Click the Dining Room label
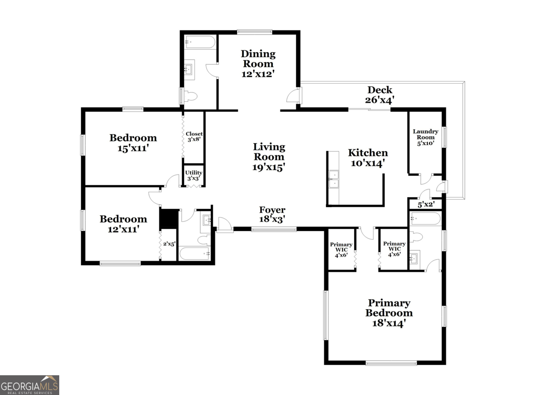(x=258, y=59)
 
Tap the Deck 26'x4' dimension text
(x=379, y=100)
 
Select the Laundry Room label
(x=425, y=134)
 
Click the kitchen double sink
(x=334, y=179)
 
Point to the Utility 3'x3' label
(x=193, y=175)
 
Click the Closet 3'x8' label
(x=194, y=136)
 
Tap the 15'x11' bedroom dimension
(x=133, y=148)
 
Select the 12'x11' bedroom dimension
(x=123, y=229)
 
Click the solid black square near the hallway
(x=169, y=219)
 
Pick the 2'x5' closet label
(x=169, y=244)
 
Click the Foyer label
(x=272, y=210)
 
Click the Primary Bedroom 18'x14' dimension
(x=388, y=323)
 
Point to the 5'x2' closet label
(x=426, y=204)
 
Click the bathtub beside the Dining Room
(x=200, y=42)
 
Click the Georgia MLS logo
(x=30, y=385)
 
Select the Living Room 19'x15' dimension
(x=268, y=167)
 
